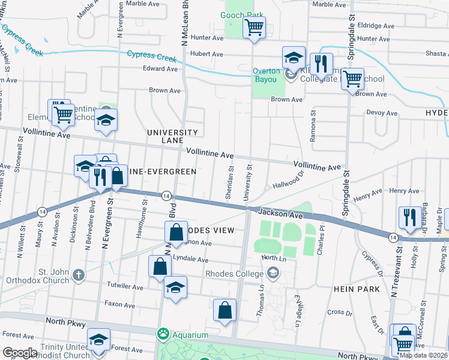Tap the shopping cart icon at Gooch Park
[254, 27]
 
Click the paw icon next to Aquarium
[163, 334]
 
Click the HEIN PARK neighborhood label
[357, 289]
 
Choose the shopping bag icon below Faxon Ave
[224, 311]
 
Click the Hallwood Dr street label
[288, 178]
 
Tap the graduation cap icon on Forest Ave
[98, 340]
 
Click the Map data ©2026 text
[423, 355]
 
